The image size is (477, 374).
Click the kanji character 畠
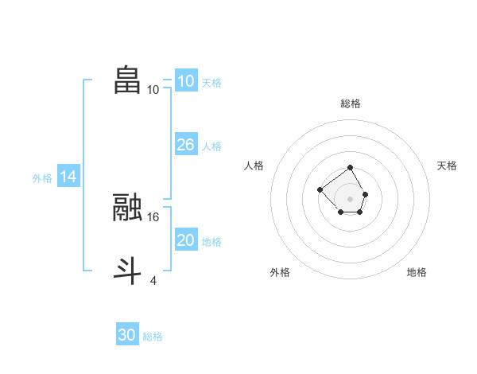[127, 80]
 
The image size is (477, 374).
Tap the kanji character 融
[127, 208]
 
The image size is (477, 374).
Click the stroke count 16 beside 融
[154, 216]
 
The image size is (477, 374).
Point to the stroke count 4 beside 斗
[153, 279]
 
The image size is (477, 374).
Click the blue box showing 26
[185, 145]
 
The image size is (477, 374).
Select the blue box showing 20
[185, 240]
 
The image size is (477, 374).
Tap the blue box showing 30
[127, 335]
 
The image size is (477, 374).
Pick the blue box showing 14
[68, 177]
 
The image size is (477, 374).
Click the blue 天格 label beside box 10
[211, 83]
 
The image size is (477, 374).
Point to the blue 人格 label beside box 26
[211, 146]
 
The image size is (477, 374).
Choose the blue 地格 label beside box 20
[211, 242]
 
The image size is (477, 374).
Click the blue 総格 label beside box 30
[153, 337]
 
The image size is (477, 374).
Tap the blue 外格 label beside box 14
[42, 178]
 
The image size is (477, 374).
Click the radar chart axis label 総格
[350, 103]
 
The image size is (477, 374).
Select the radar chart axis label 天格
[447, 166]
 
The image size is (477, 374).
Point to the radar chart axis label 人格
[254, 166]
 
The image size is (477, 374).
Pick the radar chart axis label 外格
[280, 272]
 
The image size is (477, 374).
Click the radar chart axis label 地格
[417, 272]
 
